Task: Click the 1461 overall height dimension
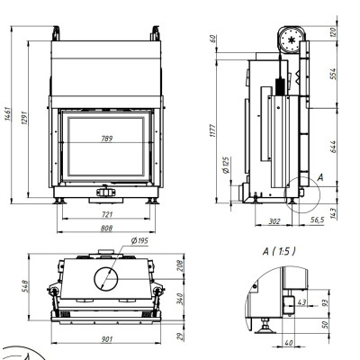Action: click(x=8, y=113)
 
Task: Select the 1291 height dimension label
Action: click(x=24, y=118)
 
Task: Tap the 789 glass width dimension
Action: click(x=107, y=139)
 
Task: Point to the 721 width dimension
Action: click(x=107, y=214)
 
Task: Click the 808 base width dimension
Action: click(x=106, y=229)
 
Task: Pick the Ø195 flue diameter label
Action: click(x=139, y=241)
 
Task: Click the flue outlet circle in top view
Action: click(x=106, y=279)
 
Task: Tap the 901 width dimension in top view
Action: click(x=106, y=339)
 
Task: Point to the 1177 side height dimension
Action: click(x=212, y=130)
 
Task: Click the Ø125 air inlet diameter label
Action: click(x=226, y=165)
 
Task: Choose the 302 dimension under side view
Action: click(x=274, y=221)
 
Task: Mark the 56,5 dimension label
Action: click(x=318, y=220)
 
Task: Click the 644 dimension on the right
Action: click(x=333, y=147)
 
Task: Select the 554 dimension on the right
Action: click(x=333, y=74)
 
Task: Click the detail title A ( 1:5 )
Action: click(x=279, y=251)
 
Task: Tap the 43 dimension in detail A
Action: click(x=301, y=302)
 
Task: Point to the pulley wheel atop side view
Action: click(x=292, y=40)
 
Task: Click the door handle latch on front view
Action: click(x=106, y=192)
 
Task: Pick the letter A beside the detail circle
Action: click(x=320, y=177)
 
